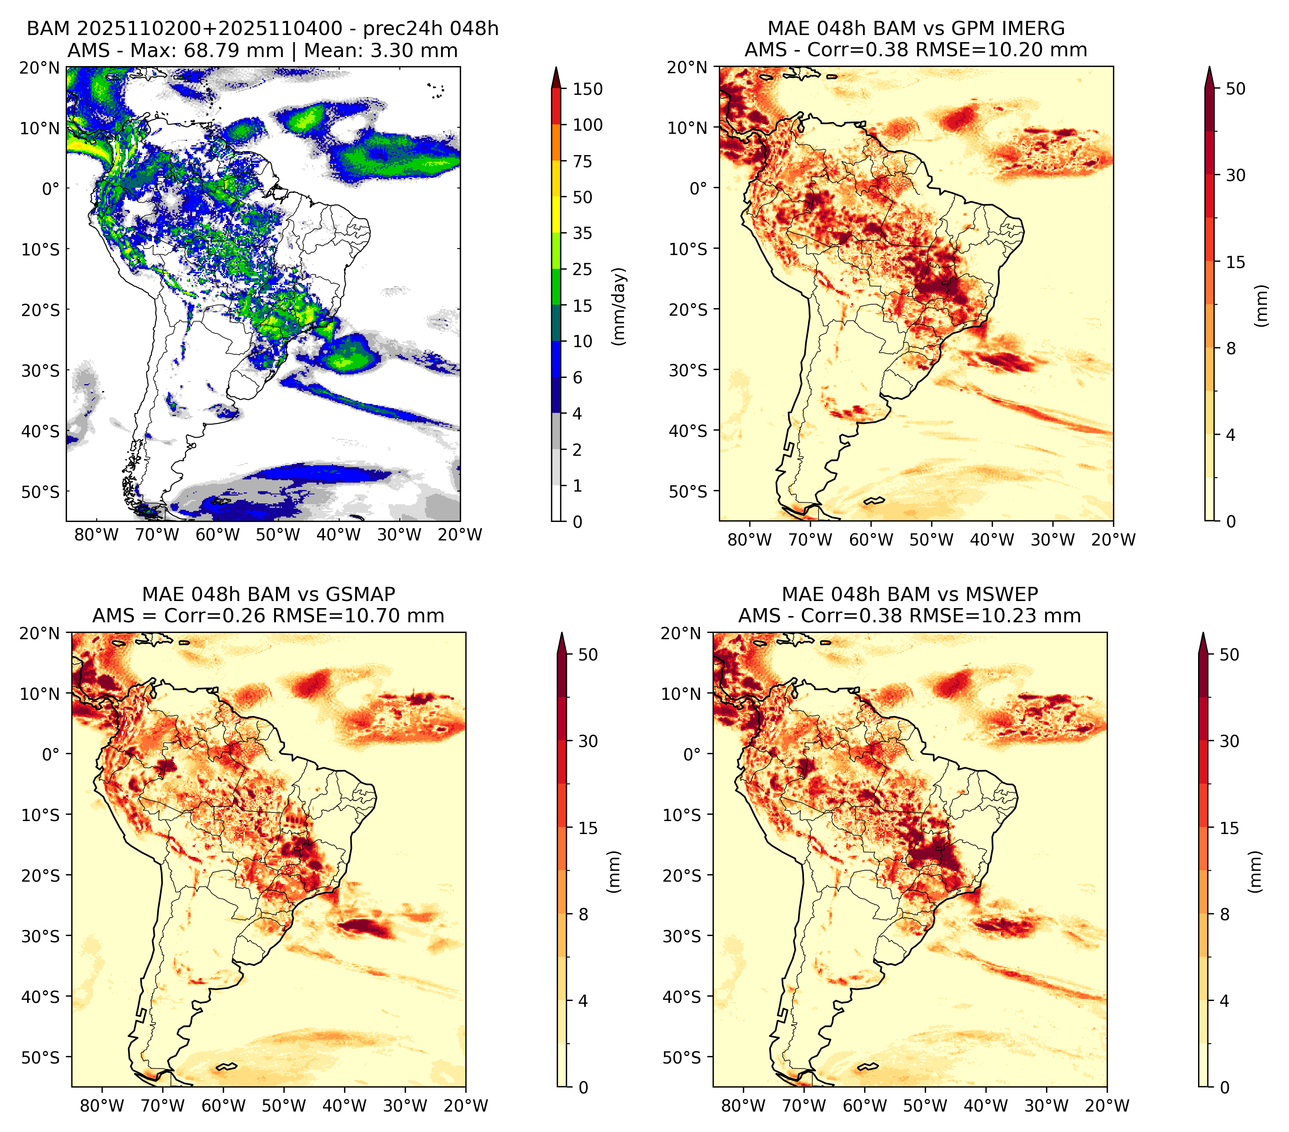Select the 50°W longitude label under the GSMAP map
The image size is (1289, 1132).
pos(284,1106)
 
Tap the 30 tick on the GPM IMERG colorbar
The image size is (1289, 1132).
pos(1235,175)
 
